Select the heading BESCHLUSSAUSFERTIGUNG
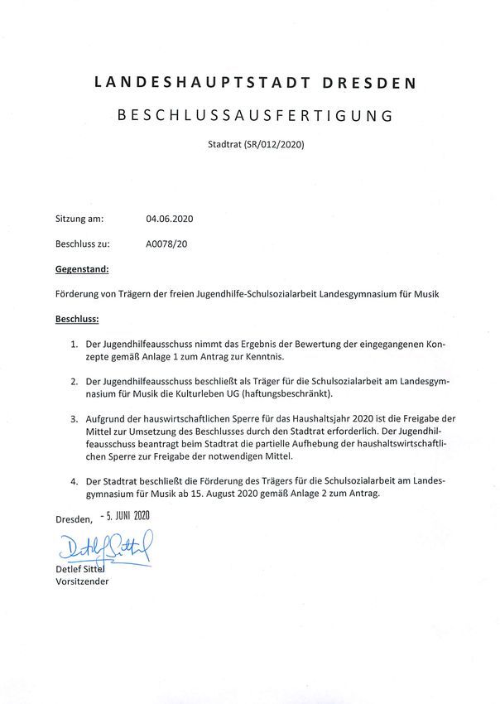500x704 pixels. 255,116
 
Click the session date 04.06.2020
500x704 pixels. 169,219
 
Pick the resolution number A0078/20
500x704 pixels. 165,244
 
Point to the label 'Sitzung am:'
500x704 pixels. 79,219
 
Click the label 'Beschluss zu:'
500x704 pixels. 83,244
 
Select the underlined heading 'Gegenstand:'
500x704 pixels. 82,269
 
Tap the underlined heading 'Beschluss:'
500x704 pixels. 77,318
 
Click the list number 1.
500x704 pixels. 74,343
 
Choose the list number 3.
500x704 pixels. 74,418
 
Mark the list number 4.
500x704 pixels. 74,481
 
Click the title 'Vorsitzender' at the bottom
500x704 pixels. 82,581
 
